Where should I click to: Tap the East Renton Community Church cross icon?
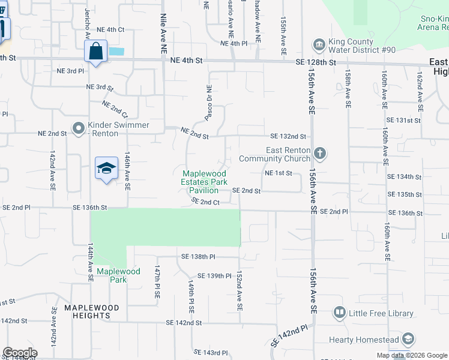(x=320, y=153)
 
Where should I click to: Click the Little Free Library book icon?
(x=340, y=313)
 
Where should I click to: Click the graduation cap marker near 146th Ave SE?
(x=106, y=168)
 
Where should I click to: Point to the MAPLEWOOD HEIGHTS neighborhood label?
(x=92, y=308)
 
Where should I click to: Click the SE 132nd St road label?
(x=288, y=136)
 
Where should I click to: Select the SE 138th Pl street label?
(x=198, y=257)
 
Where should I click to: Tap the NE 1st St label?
(x=278, y=173)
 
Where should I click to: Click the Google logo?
(x=20, y=353)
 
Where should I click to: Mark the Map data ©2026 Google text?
(x=412, y=355)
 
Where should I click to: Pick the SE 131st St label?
(x=403, y=120)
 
